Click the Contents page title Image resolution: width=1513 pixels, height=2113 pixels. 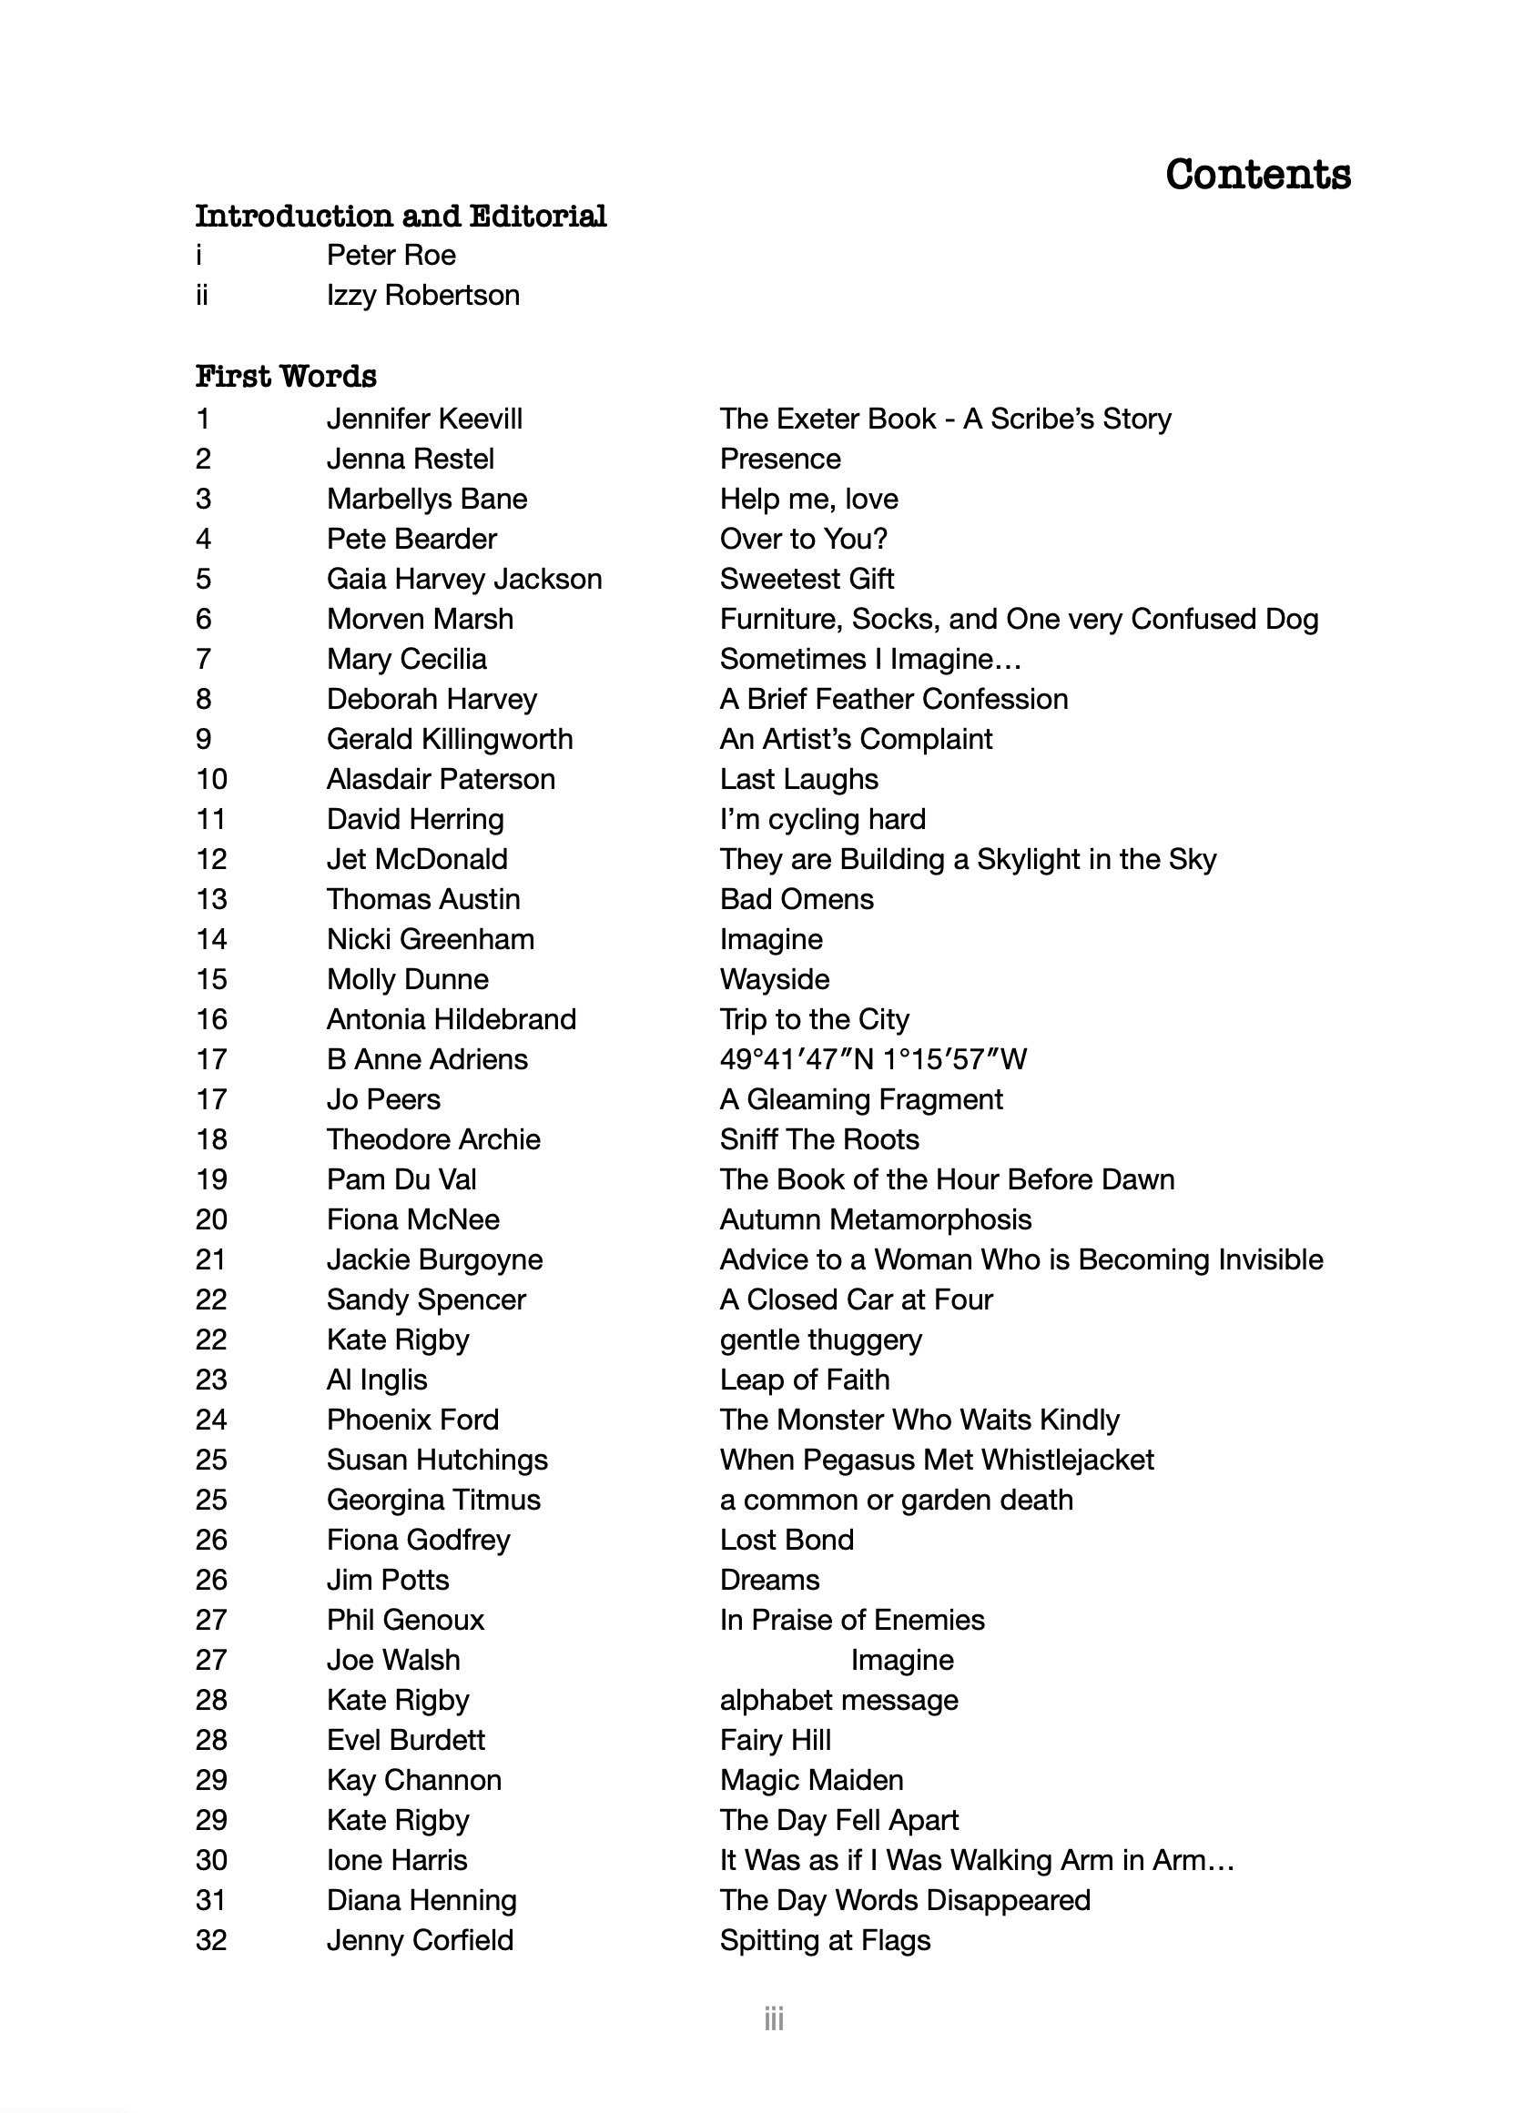click(1257, 175)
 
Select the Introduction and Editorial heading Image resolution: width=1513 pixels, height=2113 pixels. click(401, 216)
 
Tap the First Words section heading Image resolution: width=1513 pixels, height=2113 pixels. click(286, 376)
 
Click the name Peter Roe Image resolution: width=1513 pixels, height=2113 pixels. click(391, 255)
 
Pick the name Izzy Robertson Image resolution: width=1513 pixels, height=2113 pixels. click(423, 295)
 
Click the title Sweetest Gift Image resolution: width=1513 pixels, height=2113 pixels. click(807, 579)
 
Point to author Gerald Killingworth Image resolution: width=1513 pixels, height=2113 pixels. click(450, 739)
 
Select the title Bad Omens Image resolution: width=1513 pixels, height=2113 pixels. click(797, 899)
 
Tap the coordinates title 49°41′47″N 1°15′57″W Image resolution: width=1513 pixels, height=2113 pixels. click(873, 1059)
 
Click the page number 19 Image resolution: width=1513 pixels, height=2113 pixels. click(211, 1179)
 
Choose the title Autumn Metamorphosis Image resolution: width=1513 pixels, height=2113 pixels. click(876, 1219)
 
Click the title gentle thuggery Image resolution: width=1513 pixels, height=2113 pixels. click(821, 1340)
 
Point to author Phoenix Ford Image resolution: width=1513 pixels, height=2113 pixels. click(412, 1420)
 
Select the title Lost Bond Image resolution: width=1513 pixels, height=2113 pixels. click(787, 1540)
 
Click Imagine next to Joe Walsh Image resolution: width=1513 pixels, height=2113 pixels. click(902, 1660)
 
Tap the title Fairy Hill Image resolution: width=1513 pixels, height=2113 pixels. click(775, 1740)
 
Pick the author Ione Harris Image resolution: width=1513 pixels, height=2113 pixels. click(397, 1860)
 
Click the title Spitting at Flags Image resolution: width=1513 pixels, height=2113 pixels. click(826, 1940)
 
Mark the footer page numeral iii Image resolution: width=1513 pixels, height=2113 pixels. click(773, 2019)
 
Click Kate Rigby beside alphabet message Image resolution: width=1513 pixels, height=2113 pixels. click(398, 1700)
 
